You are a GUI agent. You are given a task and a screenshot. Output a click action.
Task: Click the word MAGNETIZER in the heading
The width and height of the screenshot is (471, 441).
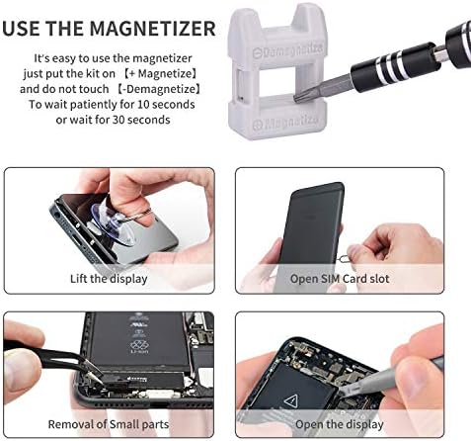click(x=152, y=29)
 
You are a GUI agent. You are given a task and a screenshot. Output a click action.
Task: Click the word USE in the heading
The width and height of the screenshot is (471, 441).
click(x=22, y=29)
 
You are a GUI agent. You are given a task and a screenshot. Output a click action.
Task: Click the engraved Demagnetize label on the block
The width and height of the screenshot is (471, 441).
click(x=287, y=49)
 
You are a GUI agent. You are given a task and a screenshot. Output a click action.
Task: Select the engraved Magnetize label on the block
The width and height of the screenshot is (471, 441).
click(x=286, y=123)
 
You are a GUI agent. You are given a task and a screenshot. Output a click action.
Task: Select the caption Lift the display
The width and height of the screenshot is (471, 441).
click(x=109, y=279)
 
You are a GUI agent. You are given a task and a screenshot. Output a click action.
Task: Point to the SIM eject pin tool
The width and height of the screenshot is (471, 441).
click(x=345, y=257)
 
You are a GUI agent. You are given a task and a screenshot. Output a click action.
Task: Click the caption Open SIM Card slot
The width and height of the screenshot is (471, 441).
click(x=340, y=279)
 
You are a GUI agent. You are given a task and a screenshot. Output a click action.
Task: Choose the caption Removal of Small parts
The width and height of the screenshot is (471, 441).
click(x=109, y=424)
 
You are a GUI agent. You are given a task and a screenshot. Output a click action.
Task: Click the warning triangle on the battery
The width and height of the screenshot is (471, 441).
click(x=291, y=401)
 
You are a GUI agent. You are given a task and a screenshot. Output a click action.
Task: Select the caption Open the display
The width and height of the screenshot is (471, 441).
click(x=340, y=424)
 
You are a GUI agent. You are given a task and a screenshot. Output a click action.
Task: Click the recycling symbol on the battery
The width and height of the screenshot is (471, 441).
click(x=139, y=345)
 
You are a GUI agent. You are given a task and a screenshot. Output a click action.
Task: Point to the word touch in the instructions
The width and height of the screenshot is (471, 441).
click(x=94, y=89)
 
